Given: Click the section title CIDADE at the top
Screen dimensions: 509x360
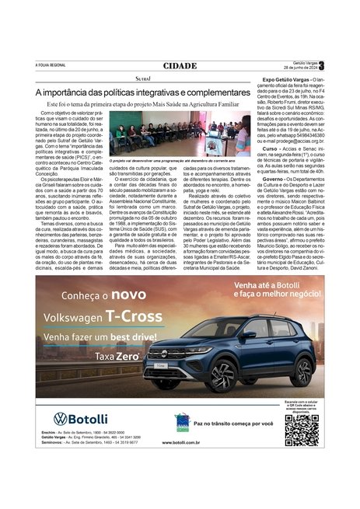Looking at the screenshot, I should tap(180, 66).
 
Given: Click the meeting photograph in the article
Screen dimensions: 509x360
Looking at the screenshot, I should tap(180, 134).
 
